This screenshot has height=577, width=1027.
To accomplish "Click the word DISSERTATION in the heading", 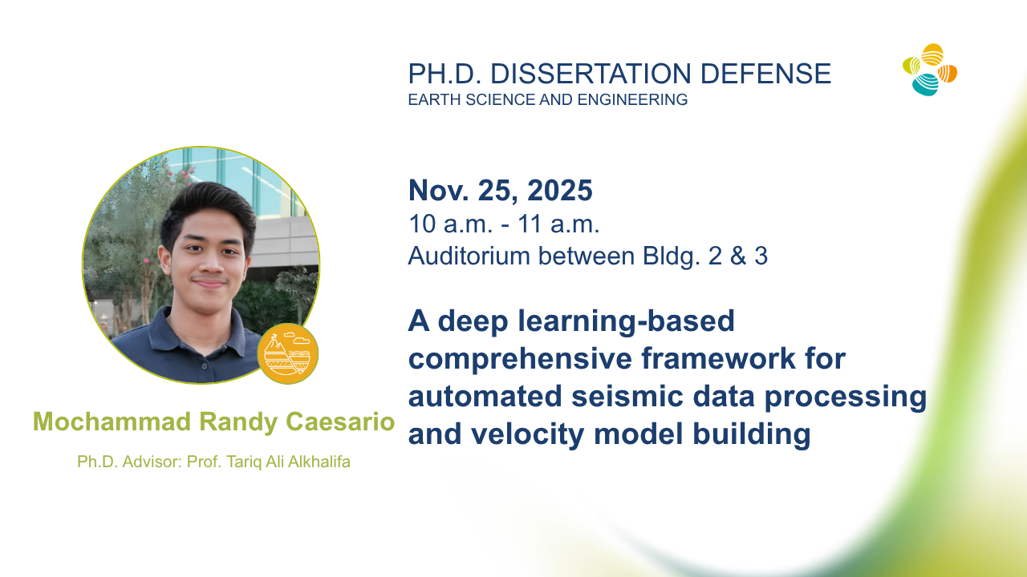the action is (x=591, y=74).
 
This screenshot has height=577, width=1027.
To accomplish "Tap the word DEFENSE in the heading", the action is (x=765, y=74).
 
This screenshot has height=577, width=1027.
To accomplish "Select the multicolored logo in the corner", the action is (x=930, y=70).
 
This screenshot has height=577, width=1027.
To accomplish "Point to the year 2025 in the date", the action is (x=560, y=190).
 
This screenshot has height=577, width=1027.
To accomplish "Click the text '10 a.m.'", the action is (x=450, y=224).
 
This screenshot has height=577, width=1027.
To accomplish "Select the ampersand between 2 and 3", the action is (x=738, y=256).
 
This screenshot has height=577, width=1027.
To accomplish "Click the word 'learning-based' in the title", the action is (x=627, y=321).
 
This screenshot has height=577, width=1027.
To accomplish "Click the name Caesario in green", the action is (x=340, y=422).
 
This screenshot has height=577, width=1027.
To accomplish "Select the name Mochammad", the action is (x=112, y=422).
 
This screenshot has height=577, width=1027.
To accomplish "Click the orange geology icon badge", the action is (x=287, y=353).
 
